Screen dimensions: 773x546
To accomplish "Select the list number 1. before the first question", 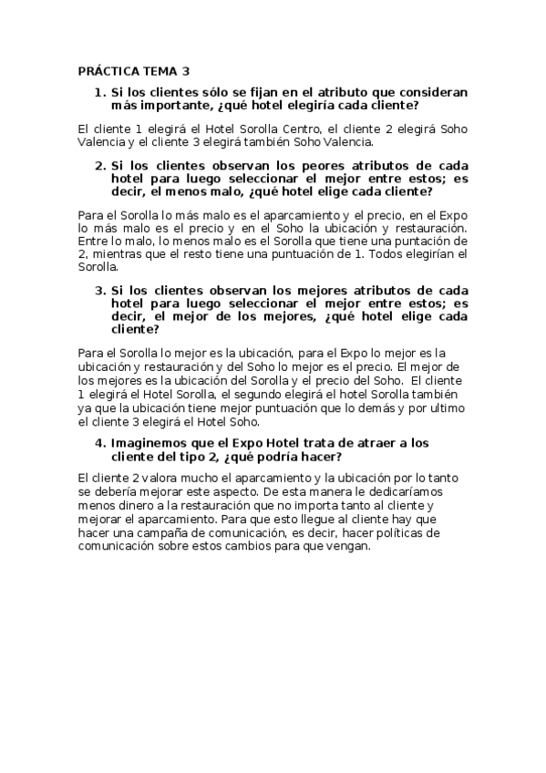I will [101, 92].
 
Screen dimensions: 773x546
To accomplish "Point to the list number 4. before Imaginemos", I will [101, 442].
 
